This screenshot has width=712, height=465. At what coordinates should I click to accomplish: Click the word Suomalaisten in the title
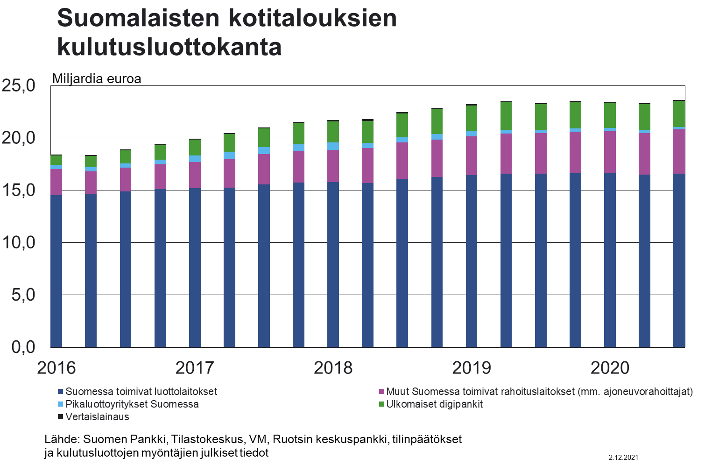pyautogui.click(x=138, y=18)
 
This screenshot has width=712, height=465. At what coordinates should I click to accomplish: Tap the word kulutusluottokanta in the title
pyautogui.click(x=169, y=47)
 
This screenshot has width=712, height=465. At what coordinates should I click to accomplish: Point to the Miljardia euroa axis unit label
pyautogui.click(x=97, y=78)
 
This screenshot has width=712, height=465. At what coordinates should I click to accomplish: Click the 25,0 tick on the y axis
pyautogui.click(x=19, y=85)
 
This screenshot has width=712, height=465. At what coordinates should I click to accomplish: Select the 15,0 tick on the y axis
pyautogui.click(x=19, y=190)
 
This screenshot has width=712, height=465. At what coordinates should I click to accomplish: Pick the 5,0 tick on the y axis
pyautogui.click(x=23, y=295)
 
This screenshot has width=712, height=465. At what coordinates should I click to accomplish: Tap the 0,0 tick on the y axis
pyautogui.click(x=23, y=347)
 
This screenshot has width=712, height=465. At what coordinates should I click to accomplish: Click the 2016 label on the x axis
pyautogui.click(x=56, y=368)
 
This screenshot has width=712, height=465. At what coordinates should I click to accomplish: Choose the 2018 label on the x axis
pyautogui.click(x=333, y=368)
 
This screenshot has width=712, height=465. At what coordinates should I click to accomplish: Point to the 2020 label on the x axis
pyautogui.click(x=610, y=368)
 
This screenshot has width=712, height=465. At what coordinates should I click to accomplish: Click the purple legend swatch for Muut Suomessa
pyautogui.click(x=381, y=392)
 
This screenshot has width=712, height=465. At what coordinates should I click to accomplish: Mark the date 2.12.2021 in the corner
pyautogui.click(x=623, y=458)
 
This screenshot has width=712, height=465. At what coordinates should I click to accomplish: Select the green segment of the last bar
pyautogui.click(x=679, y=113)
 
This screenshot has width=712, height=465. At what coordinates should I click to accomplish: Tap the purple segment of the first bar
pyautogui.click(x=56, y=182)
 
